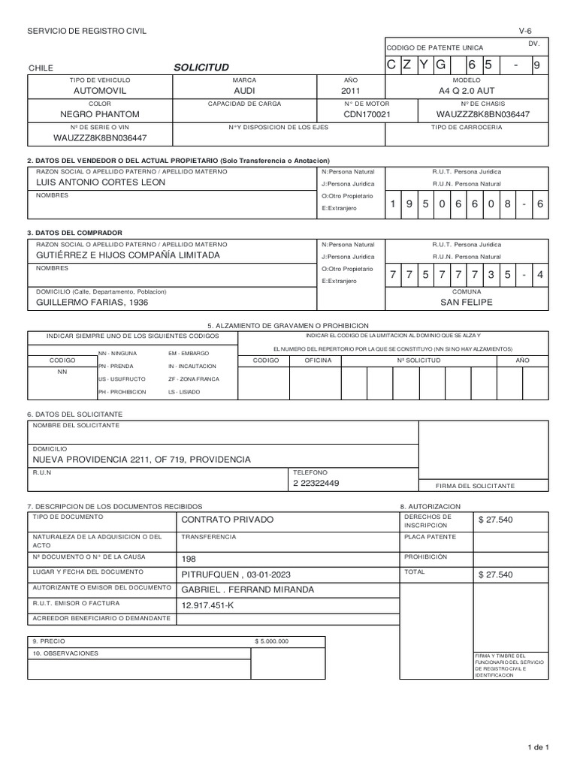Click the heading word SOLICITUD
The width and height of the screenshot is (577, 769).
point(201,67)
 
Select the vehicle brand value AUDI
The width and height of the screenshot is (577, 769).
point(245,90)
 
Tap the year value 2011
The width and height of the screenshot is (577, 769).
point(351,90)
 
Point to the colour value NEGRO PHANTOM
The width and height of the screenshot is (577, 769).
point(100,114)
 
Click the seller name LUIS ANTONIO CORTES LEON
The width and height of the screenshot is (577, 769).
point(95,182)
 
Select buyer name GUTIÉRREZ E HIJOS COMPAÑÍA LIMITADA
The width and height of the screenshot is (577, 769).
point(128,255)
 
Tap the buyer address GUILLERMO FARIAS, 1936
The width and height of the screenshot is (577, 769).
point(92,302)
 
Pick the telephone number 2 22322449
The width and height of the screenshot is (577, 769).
point(316,483)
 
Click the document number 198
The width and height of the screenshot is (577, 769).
point(189,559)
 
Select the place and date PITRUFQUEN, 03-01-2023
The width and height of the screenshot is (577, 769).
point(236,574)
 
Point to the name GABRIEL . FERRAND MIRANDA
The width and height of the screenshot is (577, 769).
point(248,590)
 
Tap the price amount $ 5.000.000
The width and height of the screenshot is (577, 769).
point(272,641)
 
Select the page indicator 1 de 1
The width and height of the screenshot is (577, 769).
point(539,747)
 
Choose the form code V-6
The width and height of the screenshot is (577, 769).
point(524,30)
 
